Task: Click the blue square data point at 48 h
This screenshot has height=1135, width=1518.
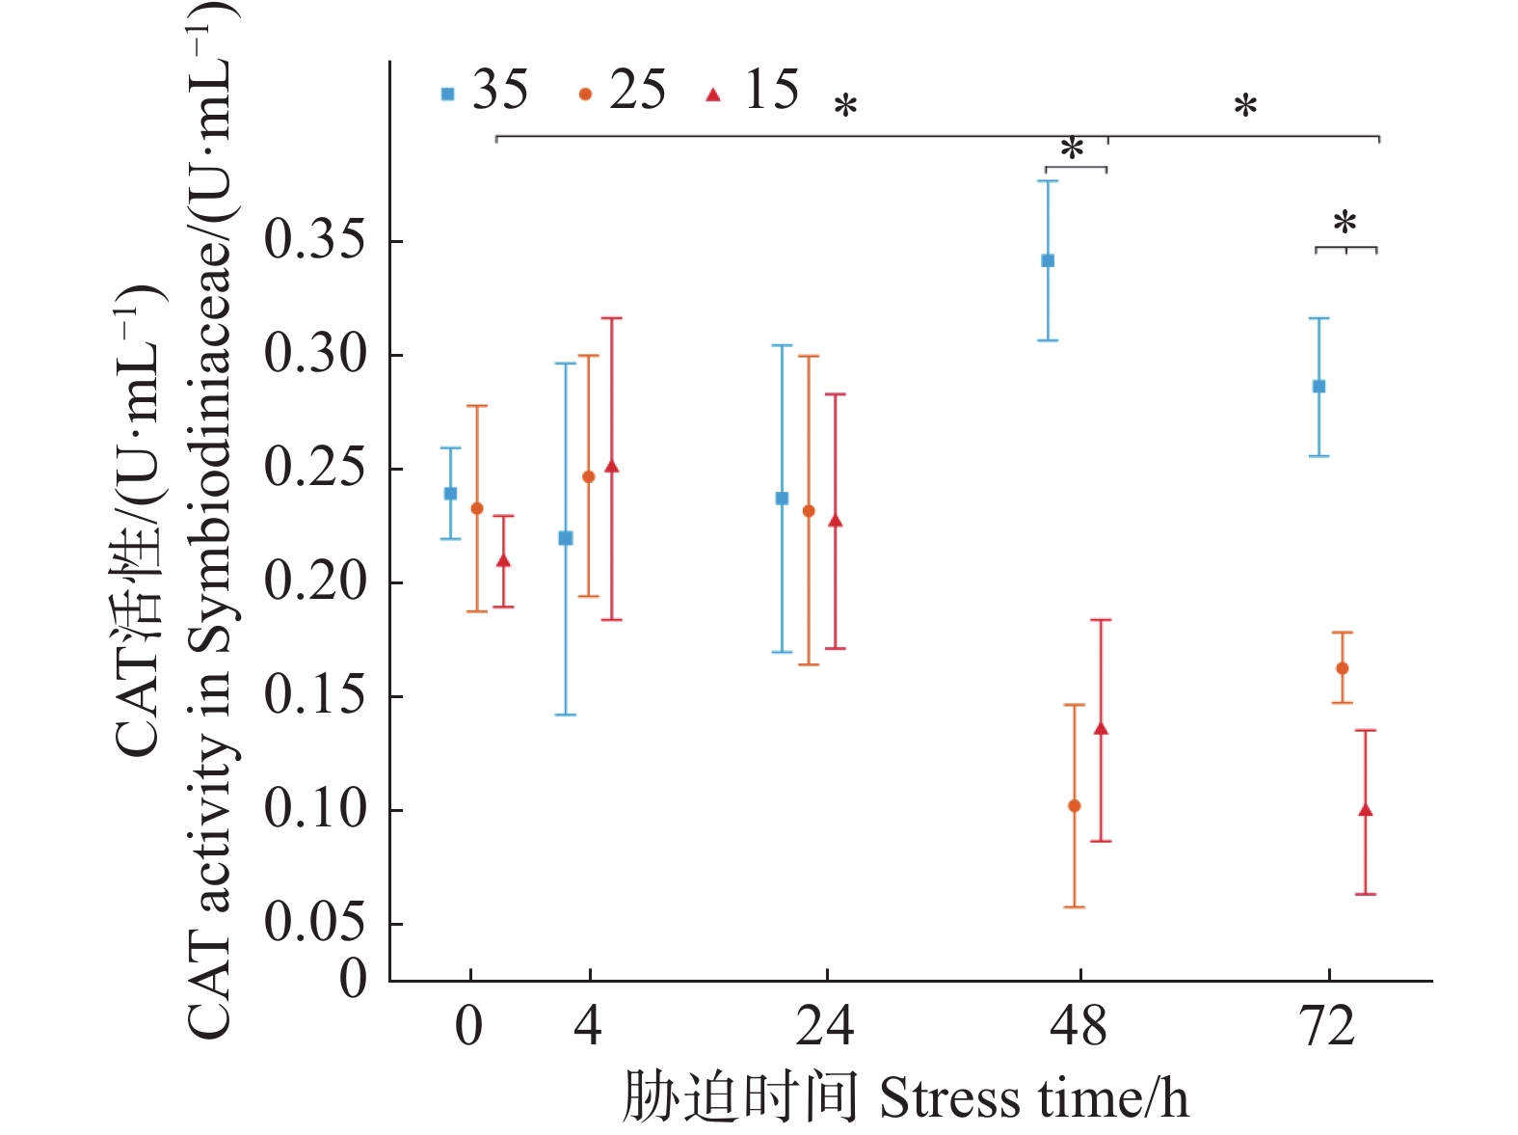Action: point(1048,260)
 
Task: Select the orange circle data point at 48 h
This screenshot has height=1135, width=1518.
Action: point(1075,806)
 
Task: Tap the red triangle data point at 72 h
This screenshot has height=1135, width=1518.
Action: point(1366,810)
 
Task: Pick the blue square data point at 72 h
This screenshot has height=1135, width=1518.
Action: point(1319,387)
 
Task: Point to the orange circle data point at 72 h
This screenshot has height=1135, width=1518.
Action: point(1343,668)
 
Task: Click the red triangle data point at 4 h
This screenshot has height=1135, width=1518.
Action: point(611,468)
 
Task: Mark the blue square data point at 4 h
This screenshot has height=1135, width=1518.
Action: point(566,538)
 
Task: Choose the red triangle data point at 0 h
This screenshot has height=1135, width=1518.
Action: point(503,560)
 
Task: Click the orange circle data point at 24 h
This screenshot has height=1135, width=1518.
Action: point(809,511)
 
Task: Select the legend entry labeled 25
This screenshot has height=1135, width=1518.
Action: point(623,92)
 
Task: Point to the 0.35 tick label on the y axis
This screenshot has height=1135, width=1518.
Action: point(315,240)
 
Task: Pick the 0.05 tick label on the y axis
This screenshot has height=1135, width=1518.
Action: point(315,922)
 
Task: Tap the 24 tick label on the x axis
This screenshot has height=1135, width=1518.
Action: point(825,1027)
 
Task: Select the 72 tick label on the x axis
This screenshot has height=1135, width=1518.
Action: point(1329,1027)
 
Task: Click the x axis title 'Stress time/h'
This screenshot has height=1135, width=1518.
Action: point(1033,1098)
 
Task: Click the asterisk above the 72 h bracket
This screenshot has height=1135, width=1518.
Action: point(1345,225)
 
